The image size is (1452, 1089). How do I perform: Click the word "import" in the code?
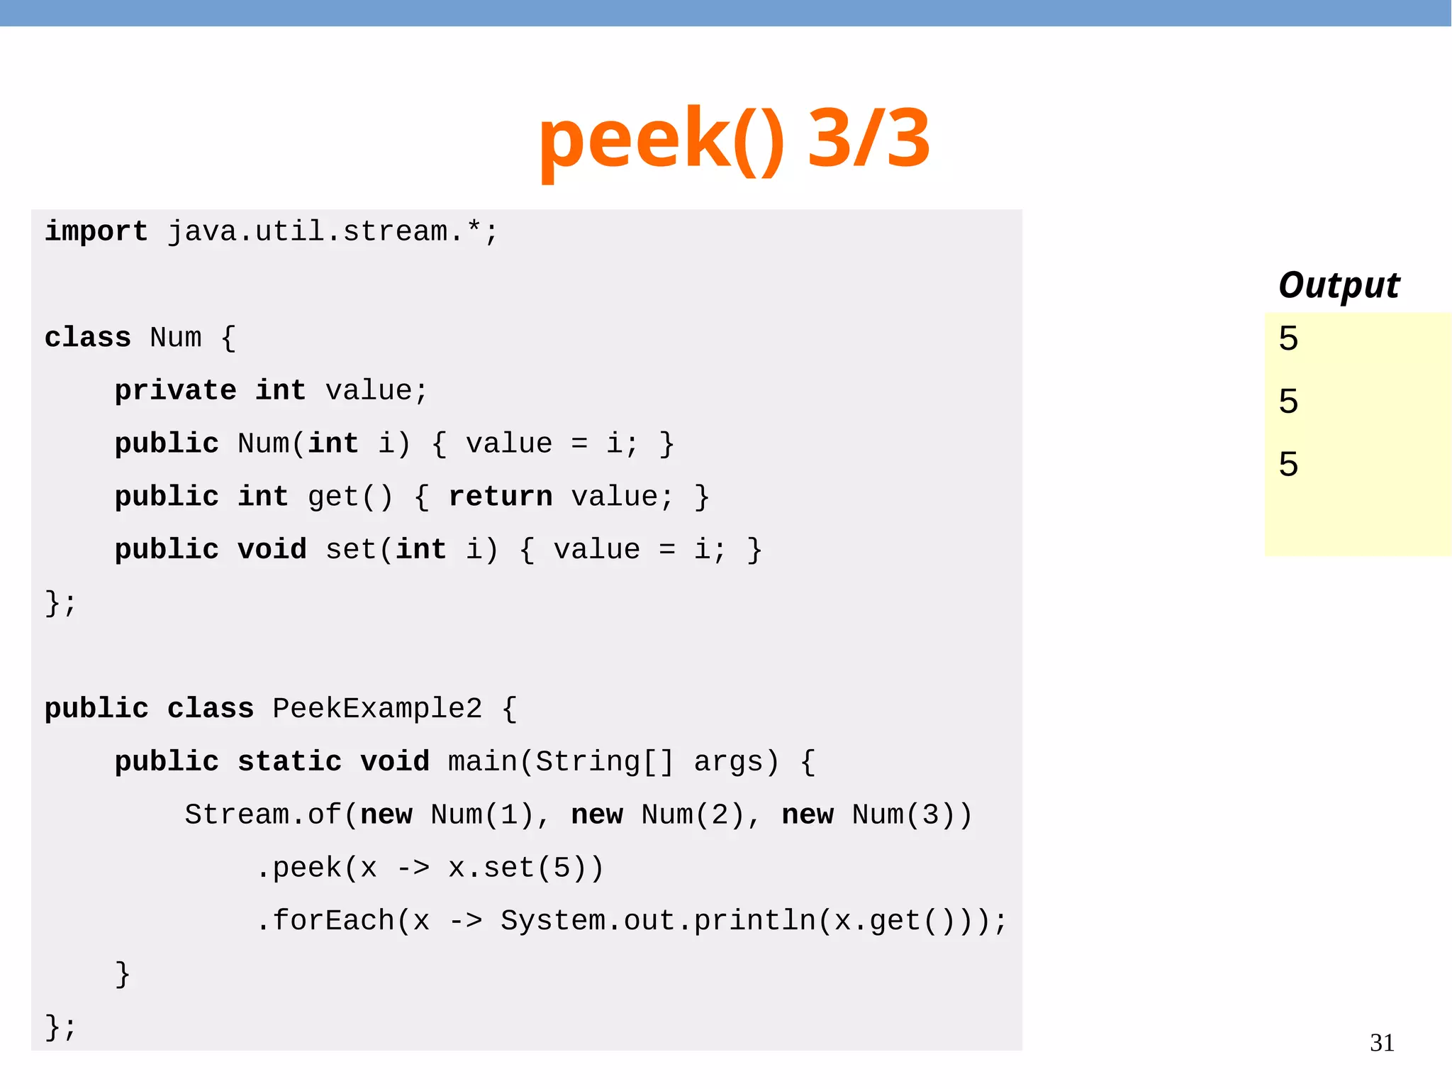(96, 232)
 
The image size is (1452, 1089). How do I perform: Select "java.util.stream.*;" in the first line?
(333, 232)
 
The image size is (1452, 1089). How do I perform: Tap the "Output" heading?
(1339, 286)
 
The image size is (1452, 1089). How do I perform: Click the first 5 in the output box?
(1288, 338)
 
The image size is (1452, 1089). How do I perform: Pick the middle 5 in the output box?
(1288, 402)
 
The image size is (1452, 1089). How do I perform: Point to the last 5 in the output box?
(1288, 465)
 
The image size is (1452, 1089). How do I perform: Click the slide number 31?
(1382, 1043)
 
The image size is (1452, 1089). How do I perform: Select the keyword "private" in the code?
(175, 391)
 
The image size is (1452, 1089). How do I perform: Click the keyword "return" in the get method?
(501, 497)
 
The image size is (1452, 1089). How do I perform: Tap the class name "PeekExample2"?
(377, 709)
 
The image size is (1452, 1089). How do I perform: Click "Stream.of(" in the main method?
(272, 815)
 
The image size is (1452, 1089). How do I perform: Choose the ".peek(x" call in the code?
(316, 868)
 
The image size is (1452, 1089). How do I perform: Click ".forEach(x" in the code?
(342, 921)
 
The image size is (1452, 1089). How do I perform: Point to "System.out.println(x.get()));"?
(753, 921)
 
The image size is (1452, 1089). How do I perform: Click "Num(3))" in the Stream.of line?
(912, 815)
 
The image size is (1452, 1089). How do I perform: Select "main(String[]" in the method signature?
(561, 762)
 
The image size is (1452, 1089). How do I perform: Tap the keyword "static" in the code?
(289, 762)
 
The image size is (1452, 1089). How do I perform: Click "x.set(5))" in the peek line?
(525, 868)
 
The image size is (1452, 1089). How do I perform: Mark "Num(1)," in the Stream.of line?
(490, 815)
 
